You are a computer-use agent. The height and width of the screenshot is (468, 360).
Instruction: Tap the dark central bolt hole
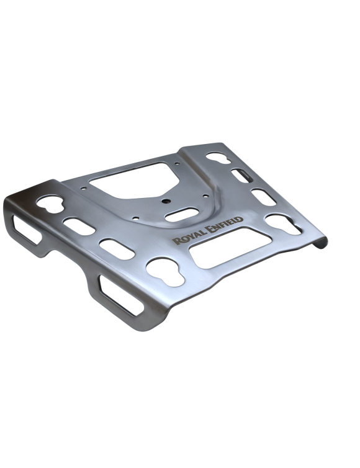[x=165, y=201]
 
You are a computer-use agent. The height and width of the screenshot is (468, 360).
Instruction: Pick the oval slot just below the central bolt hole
[x=182, y=215]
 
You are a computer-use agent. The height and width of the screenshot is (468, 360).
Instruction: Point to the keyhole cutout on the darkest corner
[x=50, y=204]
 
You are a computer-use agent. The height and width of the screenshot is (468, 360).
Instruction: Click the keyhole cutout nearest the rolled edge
[x=283, y=224]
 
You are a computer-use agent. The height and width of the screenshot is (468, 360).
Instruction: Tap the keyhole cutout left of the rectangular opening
[x=165, y=272]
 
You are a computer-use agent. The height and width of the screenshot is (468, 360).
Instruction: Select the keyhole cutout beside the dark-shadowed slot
[x=218, y=158]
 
